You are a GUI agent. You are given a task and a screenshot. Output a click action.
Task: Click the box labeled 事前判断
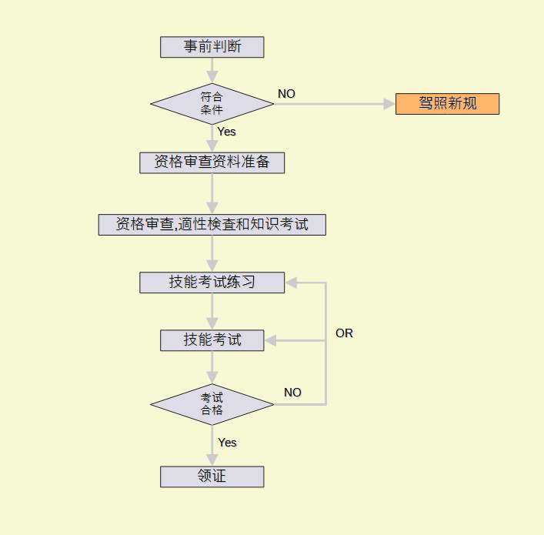pyautogui.click(x=212, y=47)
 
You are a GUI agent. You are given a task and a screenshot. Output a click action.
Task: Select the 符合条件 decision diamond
pyautogui.click(x=212, y=104)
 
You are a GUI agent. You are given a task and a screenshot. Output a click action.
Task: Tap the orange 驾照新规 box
pyautogui.click(x=447, y=104)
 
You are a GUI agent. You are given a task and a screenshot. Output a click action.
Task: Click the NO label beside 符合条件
pyautogui.click(x=286, y=94)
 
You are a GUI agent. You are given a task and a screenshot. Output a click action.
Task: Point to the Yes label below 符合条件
pyautogui.click(x=227, y=132)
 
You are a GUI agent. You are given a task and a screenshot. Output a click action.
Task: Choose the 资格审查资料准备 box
pyautogui.click(x=212, y=162)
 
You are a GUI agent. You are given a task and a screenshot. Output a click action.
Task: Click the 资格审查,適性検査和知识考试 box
pyautogui.click(x=212, y=225)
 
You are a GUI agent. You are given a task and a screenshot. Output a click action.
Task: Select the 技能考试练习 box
pyautogui.click(x=212, y=283)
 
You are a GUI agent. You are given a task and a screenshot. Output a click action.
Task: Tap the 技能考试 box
pyautogui.click(x=212, y=339)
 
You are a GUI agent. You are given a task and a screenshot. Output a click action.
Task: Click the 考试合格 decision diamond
pyautogui.click(x=212, y=404)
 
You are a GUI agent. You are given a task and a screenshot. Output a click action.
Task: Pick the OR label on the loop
pyautogui.click(x=344, y=333)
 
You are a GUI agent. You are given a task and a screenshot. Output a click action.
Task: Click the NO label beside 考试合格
pyautogui.click(x=292, y=393)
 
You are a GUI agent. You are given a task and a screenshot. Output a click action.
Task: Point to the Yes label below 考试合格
pyautogui.click(x=227, y=443)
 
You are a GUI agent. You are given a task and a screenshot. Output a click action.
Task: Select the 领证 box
pyautogui.click(x=212, y=476)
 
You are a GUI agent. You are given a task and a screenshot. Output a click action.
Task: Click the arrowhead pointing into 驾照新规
pyautogui.click(x=389, y=104)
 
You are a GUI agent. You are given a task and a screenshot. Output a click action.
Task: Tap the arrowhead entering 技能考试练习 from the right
pyautogui.click(x=291, y=283)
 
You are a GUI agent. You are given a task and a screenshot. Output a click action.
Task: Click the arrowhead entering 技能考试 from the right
pyautogui.click(x=270, y=339)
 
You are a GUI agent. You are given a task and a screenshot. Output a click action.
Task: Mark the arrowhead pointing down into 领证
pyautogui.click(x=212, y=460)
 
